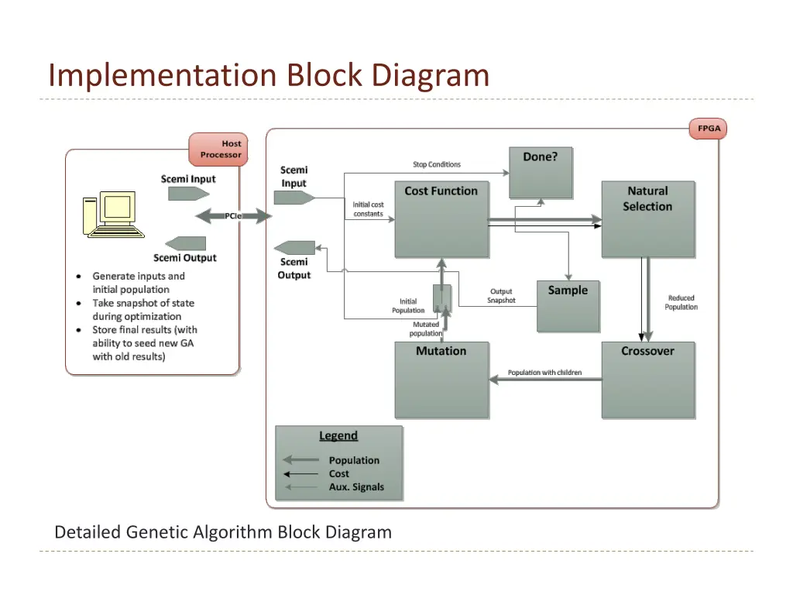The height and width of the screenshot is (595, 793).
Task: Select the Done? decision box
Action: (x=540, y=172)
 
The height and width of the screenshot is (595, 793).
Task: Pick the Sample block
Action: (x=568, y=306)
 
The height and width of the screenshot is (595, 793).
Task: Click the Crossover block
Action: (x=647, y=380)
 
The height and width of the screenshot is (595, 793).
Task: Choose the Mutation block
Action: (x=441, y=380)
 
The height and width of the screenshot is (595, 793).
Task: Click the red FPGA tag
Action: (x=708, y=129)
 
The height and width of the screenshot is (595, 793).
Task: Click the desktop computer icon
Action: (x=112, y=215)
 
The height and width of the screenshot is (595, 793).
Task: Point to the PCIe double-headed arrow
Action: (x=232, y=216)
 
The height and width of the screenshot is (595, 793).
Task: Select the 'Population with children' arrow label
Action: (x=544, y=373)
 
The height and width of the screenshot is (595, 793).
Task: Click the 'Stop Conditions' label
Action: (x=436, y=164)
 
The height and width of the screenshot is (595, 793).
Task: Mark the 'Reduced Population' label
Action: (x=681, y=302)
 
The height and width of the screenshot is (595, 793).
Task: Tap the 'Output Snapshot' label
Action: (x=501, y=296)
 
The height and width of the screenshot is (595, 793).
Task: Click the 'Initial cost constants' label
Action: (x=368, y=209)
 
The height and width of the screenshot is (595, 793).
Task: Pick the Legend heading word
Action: (x=338, y=435)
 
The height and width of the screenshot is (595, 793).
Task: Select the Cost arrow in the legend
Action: (x=300, y=473)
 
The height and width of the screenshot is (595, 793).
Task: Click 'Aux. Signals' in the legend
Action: (x=356, y=487)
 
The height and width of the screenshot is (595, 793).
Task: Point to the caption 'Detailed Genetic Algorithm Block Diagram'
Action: (x=223, y=532)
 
